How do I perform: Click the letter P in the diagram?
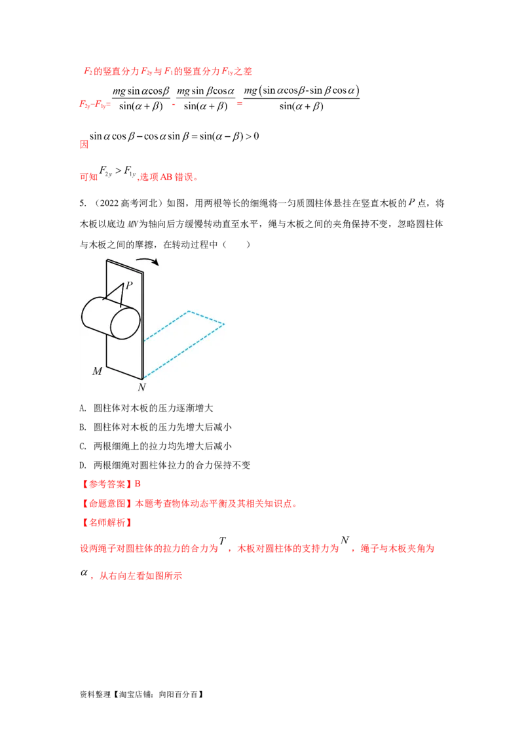pos(129,285)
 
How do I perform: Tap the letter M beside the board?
pos(97,372)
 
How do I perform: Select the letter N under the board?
pos(141,387)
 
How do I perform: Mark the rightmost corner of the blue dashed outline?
pos(224,324)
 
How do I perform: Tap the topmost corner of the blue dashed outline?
pos(189,311)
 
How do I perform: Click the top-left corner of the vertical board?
pos(107,260)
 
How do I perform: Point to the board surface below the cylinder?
pos(124,357)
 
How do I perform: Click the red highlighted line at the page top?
pos(167,71)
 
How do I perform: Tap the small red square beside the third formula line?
pos(84,145)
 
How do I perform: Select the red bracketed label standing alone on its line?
pos(106,523)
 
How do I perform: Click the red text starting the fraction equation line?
pos(96,104)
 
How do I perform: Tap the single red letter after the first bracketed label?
pos(138,484)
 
